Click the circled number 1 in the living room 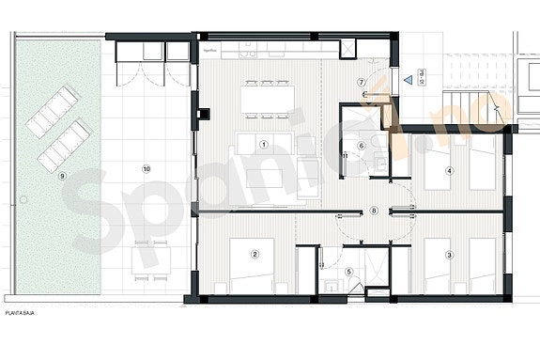[x=264, y=144]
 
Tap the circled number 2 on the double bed [x=255, y=254]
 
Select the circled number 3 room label [x=450, y=254]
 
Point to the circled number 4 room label [x=450, y=170]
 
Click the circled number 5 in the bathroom [x=349, y=272]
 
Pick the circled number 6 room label [x=361, y=145]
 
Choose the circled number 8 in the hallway [x=374, y=211]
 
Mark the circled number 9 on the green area [x=62, y=175]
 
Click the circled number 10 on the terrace [x=146, y=168]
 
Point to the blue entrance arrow [x=408, y=83]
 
